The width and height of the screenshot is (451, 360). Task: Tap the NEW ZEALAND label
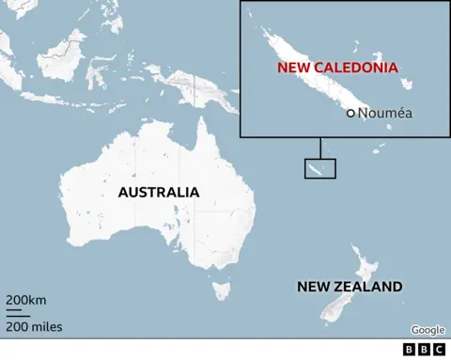350,287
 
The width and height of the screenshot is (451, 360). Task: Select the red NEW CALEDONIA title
337,69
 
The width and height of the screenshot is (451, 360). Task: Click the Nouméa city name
385,113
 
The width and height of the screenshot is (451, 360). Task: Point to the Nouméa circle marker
350,113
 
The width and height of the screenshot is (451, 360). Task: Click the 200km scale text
26,300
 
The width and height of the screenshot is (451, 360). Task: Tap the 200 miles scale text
34,326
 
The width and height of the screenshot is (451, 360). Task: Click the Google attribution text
428,330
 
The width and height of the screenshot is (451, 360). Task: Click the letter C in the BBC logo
439,350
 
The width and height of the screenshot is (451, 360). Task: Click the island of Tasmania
222,287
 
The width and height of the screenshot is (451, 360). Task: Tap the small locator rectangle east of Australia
319,168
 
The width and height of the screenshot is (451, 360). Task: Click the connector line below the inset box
319,149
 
